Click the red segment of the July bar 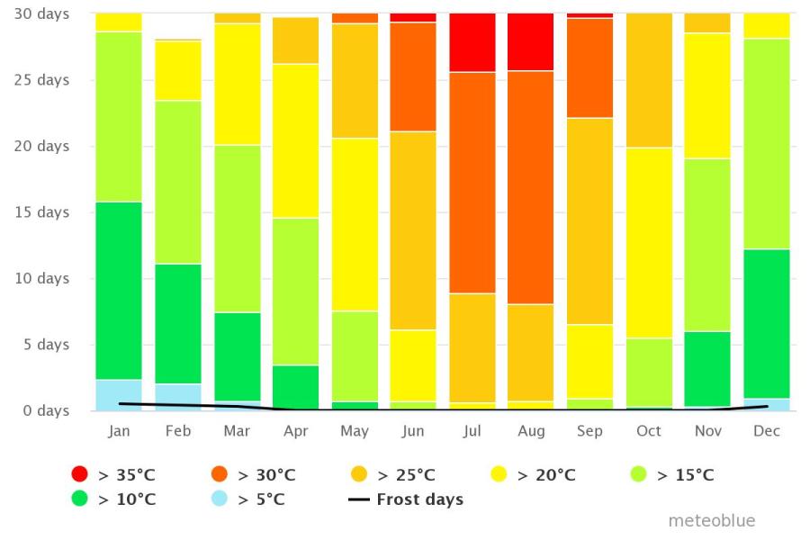pyautogui.click(x=472, y=42)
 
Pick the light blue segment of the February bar pyautogui.click(x=178, y=397)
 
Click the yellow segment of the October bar pyautogui.click(x=649, y=243)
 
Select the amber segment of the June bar pyautogui.click(x=413, y=230)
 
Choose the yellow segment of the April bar pyautogui.click(x=296, y=140)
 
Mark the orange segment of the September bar pyautogui.click(x=589, y=68)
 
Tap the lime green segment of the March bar pyautogui.click(x=237, y=229)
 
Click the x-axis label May pyautogui.click(x=355, y=431)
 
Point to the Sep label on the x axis pyautogui.click(x=589, y=431)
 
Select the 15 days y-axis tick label pyautogui.click(x=40, y=212)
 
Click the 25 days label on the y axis pyautogui.click(x=40, y=80)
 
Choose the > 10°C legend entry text pyautogui.click(x=126, y=499)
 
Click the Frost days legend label pyautogui.click(x=420, y=499)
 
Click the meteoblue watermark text pyautogui.click(x=711, y=521)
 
